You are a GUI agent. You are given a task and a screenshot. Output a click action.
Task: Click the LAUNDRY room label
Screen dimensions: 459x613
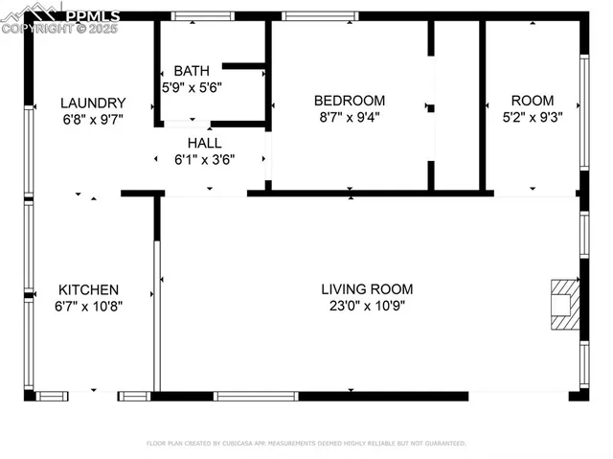[93, 103]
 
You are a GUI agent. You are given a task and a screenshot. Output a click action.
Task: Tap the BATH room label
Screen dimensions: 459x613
[191, 71]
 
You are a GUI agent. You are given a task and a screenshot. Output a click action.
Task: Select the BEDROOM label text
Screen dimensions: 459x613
[350, 100]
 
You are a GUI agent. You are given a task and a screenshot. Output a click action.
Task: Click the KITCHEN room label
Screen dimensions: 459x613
[89, 289]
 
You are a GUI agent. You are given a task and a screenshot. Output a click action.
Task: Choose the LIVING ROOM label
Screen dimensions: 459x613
[367, 288]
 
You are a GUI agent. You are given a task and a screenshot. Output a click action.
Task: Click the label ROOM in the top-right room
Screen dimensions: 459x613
[532, 100]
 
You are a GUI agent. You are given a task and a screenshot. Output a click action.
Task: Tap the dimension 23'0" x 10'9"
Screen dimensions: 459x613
[367, 307]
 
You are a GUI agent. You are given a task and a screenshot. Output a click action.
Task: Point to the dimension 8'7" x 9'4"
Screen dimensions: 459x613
[350, 117]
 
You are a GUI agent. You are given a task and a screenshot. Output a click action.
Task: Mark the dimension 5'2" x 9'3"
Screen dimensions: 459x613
[532, 117]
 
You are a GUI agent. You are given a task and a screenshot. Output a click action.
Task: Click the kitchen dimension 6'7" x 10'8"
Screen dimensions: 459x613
[89, 307]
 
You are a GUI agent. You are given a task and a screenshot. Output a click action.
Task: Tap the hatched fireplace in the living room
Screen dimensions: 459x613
[564, 305]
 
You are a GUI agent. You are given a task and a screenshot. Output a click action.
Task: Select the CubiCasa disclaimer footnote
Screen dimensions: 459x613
[306, 444]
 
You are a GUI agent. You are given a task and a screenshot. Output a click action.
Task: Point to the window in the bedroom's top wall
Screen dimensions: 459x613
[320, 16]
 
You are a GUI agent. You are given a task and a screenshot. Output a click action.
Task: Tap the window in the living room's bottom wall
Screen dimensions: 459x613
[256, 396]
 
